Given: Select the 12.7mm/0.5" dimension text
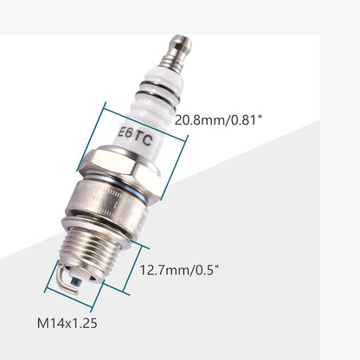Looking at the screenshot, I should [179, 269].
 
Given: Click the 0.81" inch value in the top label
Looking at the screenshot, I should [246, 120].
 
